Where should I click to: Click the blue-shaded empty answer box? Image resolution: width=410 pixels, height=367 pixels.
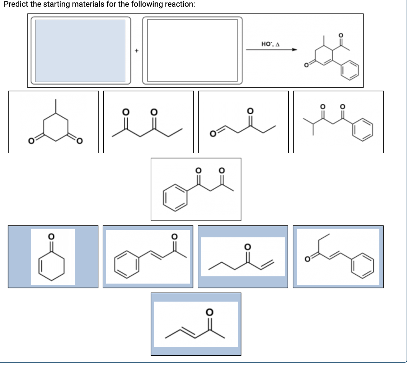point(80,51)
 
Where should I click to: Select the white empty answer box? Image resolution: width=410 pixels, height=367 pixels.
point(193,50)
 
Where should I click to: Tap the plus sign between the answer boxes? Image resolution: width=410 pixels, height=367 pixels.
point(137,51)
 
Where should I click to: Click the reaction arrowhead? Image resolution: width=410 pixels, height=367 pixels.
point(295,49)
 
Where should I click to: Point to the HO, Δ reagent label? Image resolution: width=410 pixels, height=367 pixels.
point(270,44)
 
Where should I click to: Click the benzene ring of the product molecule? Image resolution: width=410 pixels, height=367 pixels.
point(350,70)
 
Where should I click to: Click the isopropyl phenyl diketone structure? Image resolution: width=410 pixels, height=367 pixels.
point(338,122)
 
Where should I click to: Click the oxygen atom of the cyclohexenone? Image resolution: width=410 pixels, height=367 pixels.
point(52,237)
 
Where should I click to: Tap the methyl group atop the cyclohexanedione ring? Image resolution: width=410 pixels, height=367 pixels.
point(55,106)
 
